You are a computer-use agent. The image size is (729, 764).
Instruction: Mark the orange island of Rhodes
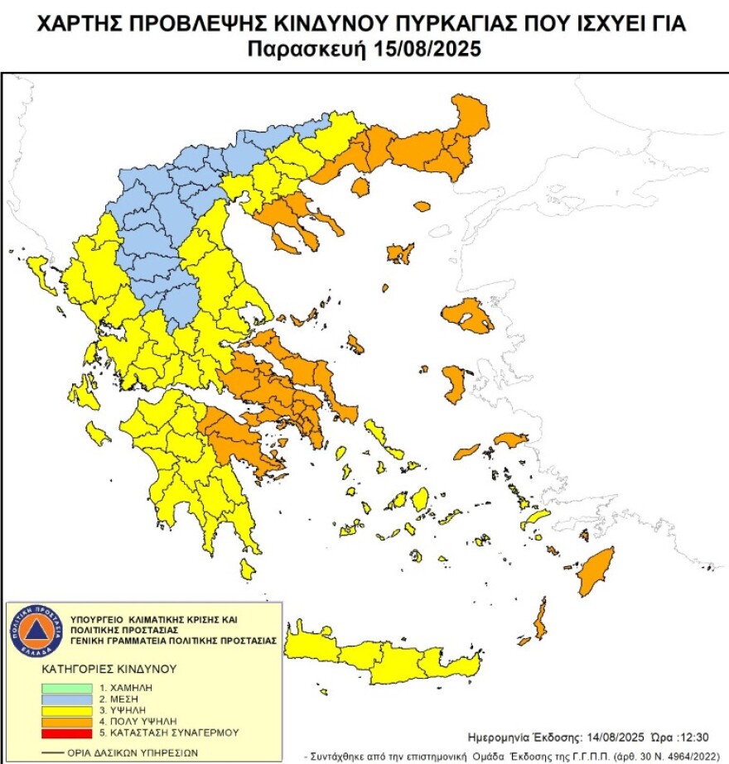point(594,569)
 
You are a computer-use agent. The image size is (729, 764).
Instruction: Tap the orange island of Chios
point(455,385)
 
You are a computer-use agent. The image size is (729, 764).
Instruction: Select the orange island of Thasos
point(360,187)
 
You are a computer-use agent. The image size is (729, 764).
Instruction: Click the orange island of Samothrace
point(422,206)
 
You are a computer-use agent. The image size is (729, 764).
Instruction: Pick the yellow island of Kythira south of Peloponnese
point(247,569)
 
